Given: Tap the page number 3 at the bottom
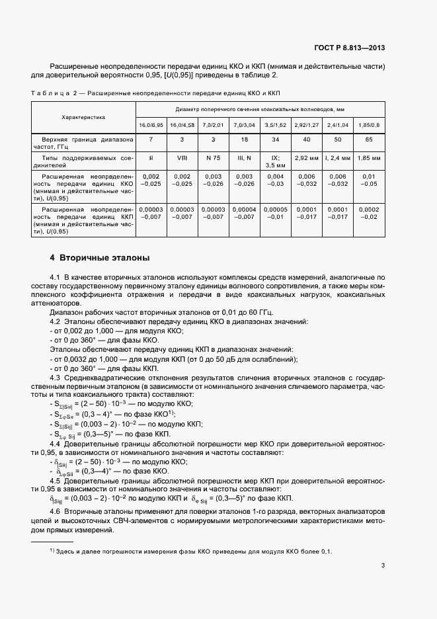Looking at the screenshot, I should point(383,565).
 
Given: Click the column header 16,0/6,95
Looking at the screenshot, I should point(151,125).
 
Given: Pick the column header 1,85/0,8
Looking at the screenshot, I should point(369,125).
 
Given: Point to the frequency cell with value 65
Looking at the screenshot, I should point(369,140).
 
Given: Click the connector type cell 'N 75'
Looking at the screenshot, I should point(212,159).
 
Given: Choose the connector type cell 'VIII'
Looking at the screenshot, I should point(182,159).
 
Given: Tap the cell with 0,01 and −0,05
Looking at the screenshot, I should point(369,181).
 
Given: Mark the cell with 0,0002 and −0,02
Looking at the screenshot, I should point(369,212).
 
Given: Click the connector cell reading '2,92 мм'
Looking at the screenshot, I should point(306,159).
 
